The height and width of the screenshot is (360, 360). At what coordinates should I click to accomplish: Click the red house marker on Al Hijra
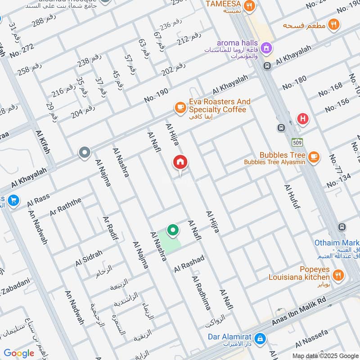pyautogui.click(x=180, y=162)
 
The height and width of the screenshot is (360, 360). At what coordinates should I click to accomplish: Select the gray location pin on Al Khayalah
pyautogui.click(x=84, y=153)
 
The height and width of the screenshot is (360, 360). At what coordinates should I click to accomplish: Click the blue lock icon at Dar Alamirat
pyautogui.click(x=260, y=337)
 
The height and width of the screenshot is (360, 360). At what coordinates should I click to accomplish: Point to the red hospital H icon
pyautogui.click(x=303, y=119)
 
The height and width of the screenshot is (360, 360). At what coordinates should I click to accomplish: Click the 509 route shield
pyautogui.click(x=297, y=142)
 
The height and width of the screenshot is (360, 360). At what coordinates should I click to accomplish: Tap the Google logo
pyautogui.click(x=19, y=353)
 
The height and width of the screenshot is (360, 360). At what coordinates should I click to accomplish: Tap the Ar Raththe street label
pyautogui.click(x=66, y=206)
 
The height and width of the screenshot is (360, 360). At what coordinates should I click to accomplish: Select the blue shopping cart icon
pyautogui.click(x=13, y=201)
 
